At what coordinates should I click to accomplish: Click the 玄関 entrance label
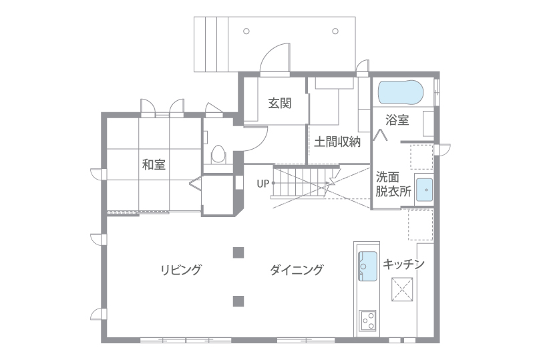click(280, 103)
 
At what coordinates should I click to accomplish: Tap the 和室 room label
click(154, 164)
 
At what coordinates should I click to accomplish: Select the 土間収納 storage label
click(337, 142)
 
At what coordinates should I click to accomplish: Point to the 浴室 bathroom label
click(397, 120)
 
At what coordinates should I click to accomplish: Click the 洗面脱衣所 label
click(393, 184)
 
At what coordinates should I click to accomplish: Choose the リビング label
click(181, 270)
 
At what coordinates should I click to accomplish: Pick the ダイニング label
click(296, 270)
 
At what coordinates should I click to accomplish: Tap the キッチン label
click(403, 264)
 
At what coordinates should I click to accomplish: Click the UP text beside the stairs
click(262, 184)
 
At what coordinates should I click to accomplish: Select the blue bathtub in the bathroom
click(401, 92)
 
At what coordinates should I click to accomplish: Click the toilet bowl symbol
click(218, 154)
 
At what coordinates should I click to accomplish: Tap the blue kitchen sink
click(367, 266)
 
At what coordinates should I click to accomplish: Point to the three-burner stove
click(367, 321)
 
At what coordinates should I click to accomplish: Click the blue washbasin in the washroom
click(424, 190)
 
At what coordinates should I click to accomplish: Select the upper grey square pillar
click(238, 252)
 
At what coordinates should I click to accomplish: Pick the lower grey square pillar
click(238, 301)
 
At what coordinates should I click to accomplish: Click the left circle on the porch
click(246, 31)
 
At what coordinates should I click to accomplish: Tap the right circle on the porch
click(335, 31)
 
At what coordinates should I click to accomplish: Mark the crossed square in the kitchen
click(402, 289)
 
